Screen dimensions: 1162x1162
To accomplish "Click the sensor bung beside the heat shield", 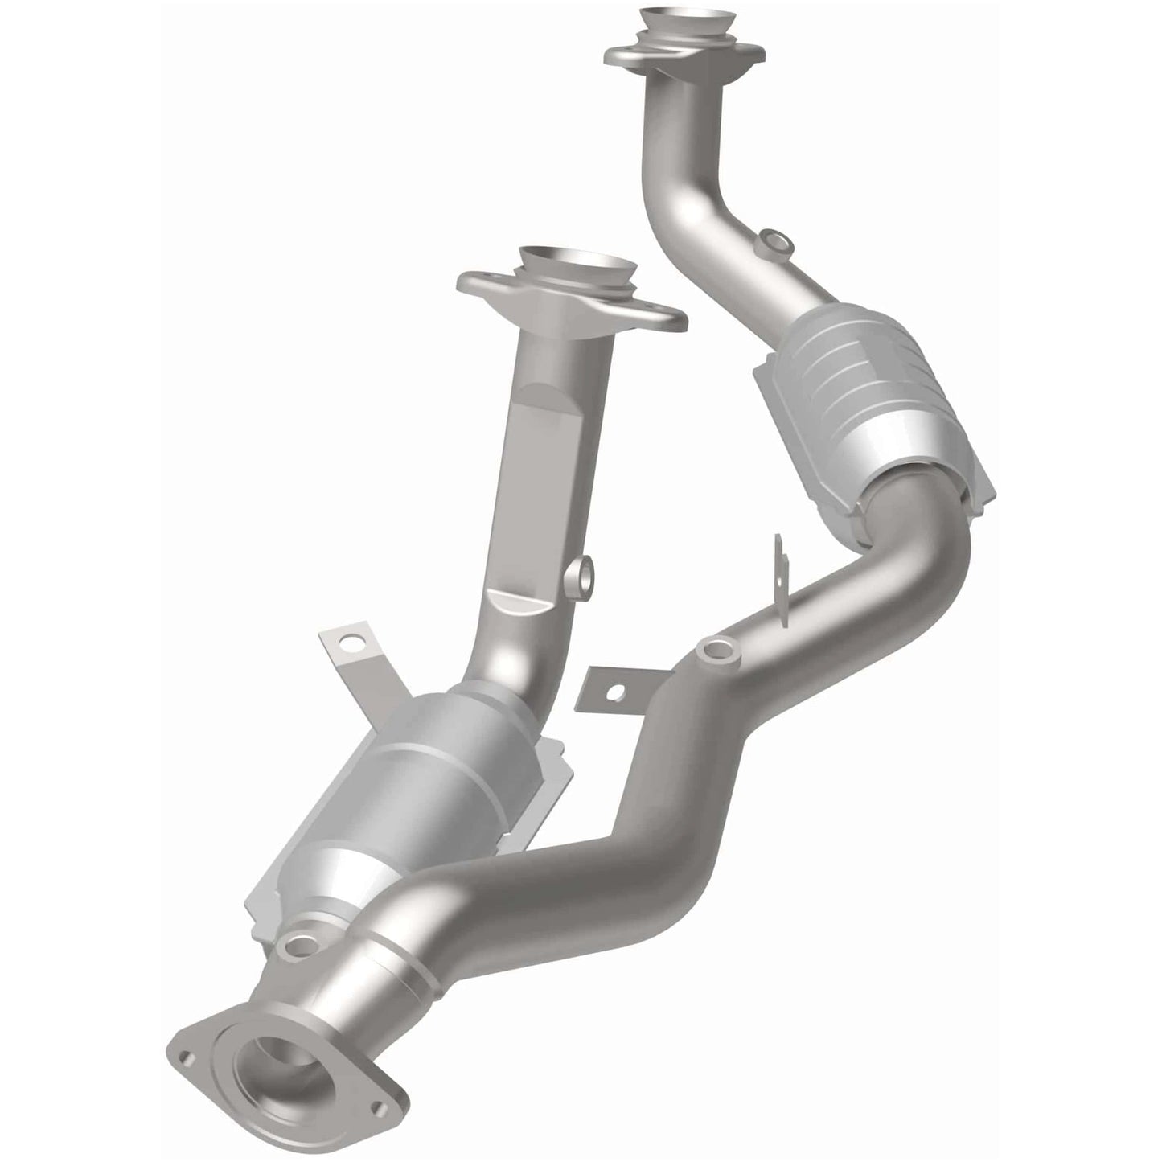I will pyautogui.click(x=585, y=574).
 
